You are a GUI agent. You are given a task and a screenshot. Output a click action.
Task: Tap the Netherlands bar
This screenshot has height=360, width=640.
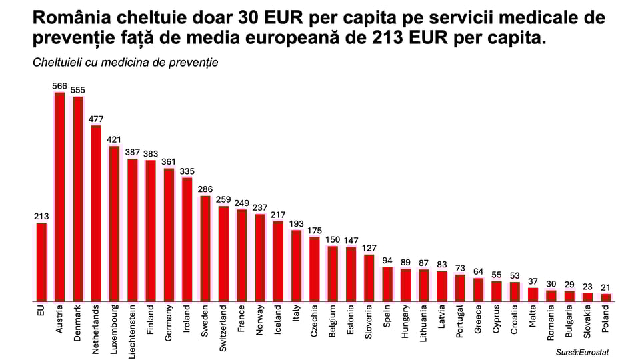[96, 213]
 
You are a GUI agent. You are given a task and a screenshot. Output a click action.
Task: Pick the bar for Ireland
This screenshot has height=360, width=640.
[187, 239]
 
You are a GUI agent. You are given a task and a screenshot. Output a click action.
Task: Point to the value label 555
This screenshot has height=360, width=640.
[78, 90]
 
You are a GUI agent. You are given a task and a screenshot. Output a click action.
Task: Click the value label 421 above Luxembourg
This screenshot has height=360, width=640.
[114, 139]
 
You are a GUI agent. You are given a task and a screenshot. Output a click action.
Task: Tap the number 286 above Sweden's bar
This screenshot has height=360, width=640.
[205, 189]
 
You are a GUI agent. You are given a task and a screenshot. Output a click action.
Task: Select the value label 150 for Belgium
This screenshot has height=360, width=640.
[332, 239]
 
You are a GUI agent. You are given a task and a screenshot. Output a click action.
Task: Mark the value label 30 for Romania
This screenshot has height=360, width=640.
[551, 283]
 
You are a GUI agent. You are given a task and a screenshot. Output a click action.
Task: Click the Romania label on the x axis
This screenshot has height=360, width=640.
[551, 323]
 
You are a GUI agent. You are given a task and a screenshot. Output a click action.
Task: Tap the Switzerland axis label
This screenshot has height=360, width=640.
[223, 329]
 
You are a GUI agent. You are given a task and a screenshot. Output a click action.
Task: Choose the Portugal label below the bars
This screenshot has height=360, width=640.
[460, 323]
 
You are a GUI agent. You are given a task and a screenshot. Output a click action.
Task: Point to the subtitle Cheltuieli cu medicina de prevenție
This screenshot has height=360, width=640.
[125, 63]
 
